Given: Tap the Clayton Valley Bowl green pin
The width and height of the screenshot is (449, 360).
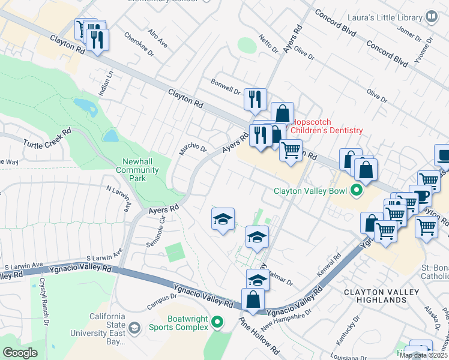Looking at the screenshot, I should (x=356, y=192).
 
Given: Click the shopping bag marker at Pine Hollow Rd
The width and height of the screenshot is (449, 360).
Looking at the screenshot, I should (x=253, y=299).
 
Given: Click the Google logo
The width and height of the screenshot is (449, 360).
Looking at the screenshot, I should (x=20, y=352).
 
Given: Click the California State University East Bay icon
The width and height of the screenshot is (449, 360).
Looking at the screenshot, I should (x=135, y=327).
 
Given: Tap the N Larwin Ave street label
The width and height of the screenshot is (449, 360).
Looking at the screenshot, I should (x=118, y=198).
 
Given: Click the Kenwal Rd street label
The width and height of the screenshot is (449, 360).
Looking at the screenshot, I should (x=328, y=262).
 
